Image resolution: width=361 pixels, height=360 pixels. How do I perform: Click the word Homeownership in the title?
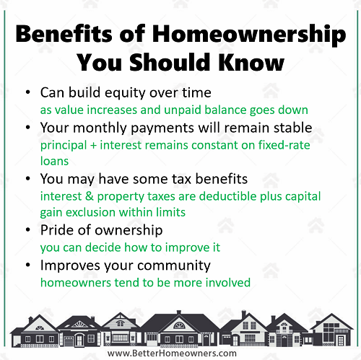point(249,35)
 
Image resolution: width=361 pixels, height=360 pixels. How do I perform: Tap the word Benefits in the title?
point(64,33)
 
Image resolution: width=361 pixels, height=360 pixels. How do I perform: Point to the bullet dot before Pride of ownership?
point(28,230)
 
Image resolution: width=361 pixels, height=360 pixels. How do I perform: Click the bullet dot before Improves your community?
point(28,265)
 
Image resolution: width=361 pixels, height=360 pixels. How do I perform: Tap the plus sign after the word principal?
point(93,146)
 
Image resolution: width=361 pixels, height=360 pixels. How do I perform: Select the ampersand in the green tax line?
point(90,196)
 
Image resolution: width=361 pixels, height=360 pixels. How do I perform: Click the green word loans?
point(54,161)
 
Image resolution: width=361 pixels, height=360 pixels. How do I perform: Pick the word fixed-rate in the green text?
point(284,145)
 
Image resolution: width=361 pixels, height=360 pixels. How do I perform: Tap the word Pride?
point(57,230)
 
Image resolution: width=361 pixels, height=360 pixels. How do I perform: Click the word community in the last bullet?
point(174,265)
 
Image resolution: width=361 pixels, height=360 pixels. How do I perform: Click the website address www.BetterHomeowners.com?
point(172,354)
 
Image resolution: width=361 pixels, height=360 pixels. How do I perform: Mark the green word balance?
point(225,110)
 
